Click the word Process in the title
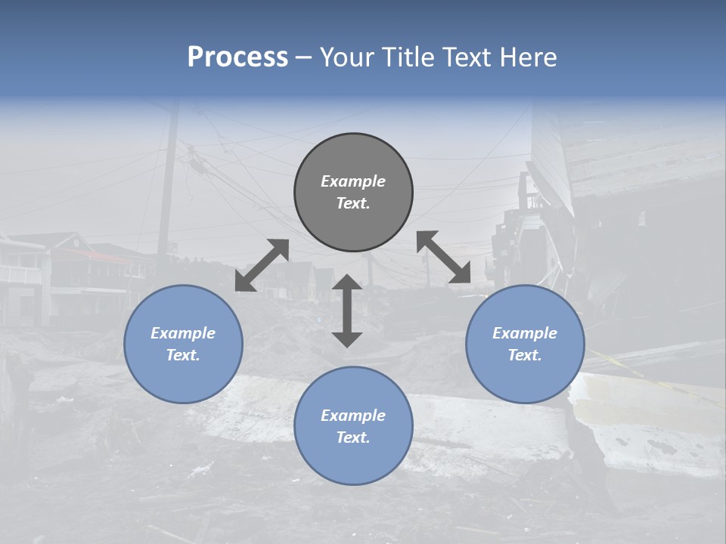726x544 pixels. [237, 57]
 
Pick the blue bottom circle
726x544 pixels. [353, 461]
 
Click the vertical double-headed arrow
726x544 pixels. [347, 311]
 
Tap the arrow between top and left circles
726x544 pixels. [262, 265]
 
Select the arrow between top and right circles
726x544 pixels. [444, 258]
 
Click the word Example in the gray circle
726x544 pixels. [353, 181]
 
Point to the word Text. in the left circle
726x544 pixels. [183, 355]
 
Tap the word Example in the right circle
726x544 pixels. [525, 333]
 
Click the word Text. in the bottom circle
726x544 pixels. [353, 437]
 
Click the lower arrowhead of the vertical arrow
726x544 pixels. [347, 339]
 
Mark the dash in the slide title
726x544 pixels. [304, 57]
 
